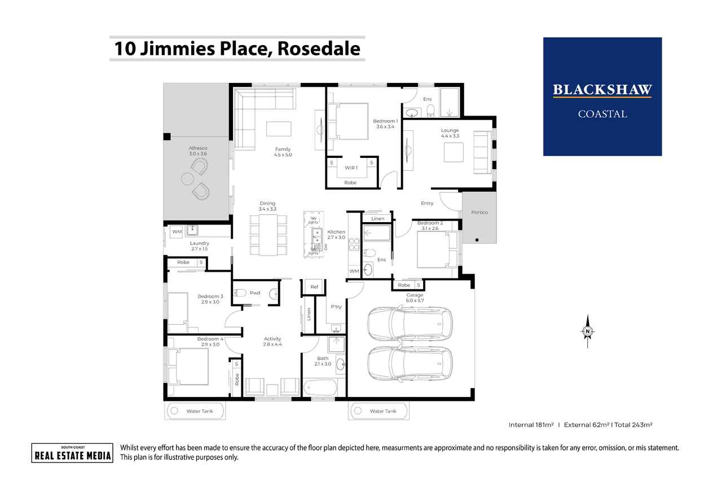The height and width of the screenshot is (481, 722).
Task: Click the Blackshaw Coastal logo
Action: (602, 96)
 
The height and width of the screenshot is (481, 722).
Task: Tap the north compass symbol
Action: (588, 331)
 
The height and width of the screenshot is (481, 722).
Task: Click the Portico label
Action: (479, 212)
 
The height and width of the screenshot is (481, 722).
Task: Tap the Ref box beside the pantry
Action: (314, 287)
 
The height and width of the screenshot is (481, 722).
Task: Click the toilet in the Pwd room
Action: (240, 293)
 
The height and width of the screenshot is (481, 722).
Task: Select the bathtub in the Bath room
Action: (320, 388)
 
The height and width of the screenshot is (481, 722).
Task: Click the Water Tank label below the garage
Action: (383, 411)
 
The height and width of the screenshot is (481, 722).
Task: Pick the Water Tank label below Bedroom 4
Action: (200, 411)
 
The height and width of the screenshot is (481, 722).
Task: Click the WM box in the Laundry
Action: (177, 232)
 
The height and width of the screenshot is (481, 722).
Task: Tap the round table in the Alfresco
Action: (188, 179)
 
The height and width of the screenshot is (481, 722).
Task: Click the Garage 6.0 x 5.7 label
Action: (414, 298)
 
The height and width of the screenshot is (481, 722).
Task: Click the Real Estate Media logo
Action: (72, 453)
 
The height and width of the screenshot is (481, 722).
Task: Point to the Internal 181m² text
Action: (530, 425)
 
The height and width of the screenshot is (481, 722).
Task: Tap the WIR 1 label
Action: (352, 168)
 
